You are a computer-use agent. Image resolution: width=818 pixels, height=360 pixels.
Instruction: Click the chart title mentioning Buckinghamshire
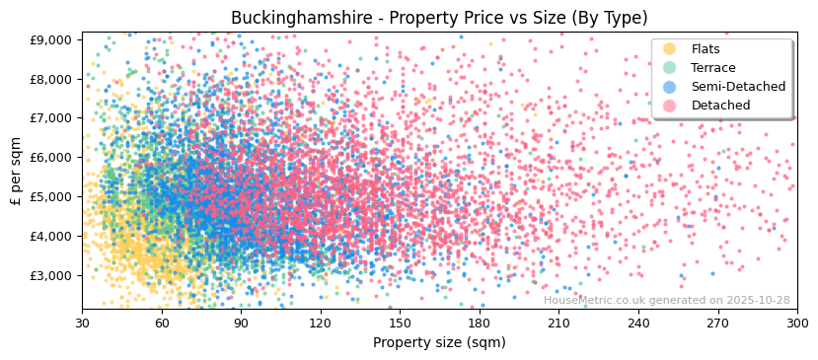click(439, 19)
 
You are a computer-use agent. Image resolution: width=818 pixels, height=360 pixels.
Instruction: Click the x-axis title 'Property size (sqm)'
click(439, 342)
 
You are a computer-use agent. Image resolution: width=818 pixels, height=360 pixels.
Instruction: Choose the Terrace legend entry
click(713, 68)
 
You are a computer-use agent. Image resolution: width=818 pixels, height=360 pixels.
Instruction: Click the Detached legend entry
click(720, 106)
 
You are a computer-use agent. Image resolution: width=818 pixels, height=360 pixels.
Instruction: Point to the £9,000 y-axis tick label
click(51, 39)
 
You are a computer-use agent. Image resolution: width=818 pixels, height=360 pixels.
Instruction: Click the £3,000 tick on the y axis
click(51, 275)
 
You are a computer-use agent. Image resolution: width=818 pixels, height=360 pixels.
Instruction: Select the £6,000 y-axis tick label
click(51, 157)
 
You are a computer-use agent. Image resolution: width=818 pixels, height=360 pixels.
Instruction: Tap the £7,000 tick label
click(51, 117)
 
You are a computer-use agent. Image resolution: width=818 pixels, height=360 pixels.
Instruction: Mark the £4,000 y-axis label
click(51, 236)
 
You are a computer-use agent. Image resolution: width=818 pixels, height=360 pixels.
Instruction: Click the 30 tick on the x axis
click(82, 322)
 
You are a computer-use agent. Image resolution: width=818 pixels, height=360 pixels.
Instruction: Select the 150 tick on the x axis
click(400, 322)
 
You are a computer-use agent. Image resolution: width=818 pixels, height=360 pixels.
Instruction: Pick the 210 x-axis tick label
click(558, 322)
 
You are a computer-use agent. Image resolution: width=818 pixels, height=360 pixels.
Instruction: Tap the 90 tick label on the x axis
click(241, 322)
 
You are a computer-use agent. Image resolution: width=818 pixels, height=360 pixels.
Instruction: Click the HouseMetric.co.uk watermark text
click(666, 301)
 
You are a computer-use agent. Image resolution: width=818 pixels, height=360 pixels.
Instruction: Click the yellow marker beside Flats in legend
click(670, 49)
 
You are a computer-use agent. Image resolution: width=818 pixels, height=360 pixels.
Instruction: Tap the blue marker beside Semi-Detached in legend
click(670, 87)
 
